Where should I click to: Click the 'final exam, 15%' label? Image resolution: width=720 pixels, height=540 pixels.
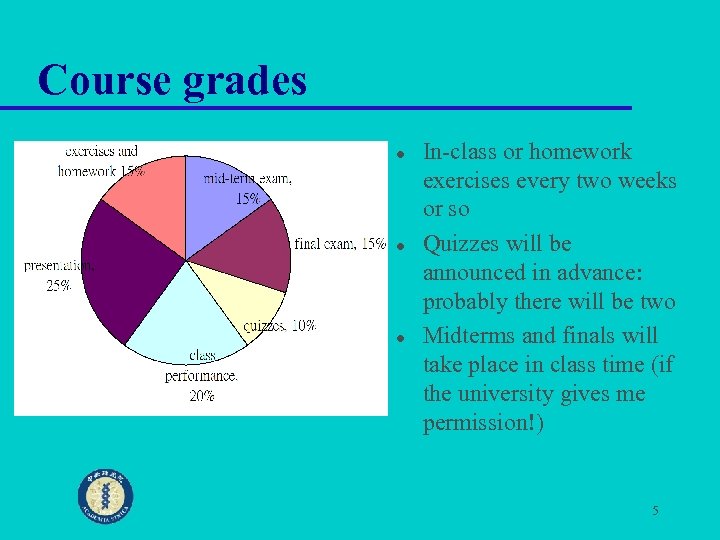tap(340, 244)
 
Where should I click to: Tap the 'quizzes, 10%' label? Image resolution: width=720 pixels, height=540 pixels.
tap(280, 326)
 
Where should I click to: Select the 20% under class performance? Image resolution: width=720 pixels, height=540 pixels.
tap(202, 395)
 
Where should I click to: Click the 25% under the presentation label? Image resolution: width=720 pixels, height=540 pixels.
tap(59, 286)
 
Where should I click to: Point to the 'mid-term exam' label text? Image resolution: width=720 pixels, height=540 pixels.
tap(248, 180)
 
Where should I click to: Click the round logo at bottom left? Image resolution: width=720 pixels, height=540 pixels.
tap(106, 496)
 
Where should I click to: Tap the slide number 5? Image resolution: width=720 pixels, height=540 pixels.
tap(655, 511)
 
